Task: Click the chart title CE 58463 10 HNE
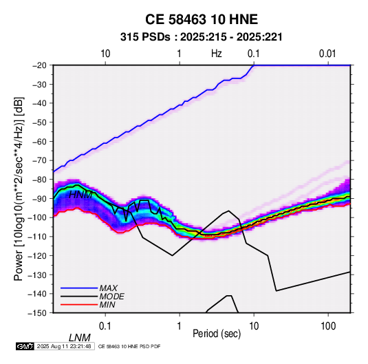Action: coord(202,19)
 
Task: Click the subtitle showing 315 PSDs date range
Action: coord(201,37)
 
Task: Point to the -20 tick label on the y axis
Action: coord(39,65)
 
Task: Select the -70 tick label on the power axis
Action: coord(39,160)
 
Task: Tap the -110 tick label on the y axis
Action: coord(37,237)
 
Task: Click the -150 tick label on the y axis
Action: coord(37,312)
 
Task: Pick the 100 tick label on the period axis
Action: coord(328,326)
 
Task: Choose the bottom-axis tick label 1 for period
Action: coord(180,326)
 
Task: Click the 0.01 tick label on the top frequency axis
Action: coord(327,54)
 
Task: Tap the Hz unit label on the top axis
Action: coord(217,54)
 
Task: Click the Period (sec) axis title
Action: coord(217,334)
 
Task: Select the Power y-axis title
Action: coord(19,189)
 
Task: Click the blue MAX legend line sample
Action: coord(79,288)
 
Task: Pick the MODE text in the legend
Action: coord(111,297)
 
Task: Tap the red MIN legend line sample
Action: coord(79,305)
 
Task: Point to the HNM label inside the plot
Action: coord(80,195)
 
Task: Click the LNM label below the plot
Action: coord(80,338)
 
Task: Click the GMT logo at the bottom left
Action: coord(25,346)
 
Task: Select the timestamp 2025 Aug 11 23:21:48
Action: coord(64,346)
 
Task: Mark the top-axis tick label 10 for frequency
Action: coord(105,54)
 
